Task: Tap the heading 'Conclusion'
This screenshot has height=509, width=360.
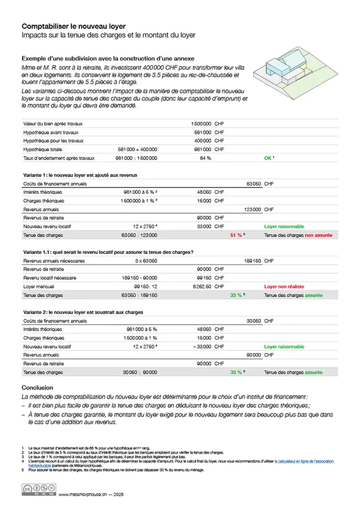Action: [37, 388]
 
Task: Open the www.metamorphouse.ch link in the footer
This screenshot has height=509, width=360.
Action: [82, 494]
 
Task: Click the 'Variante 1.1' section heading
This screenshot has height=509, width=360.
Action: [107, 252]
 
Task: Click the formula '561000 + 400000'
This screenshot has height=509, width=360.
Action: [137, 149]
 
